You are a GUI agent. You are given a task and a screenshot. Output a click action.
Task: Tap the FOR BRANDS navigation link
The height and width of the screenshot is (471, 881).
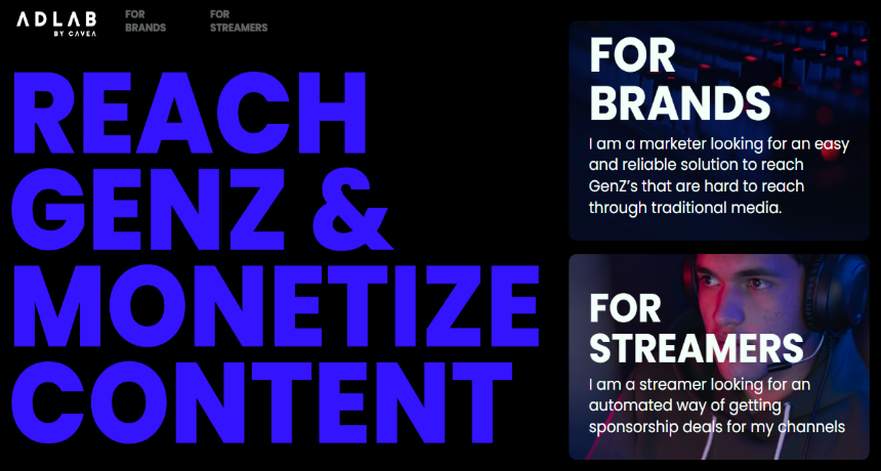pos(145,21)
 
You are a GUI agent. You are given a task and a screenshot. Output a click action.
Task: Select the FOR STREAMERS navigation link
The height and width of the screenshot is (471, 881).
pos(239,21)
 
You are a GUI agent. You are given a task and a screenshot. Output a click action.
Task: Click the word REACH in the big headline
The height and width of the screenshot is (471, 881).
pos(190,113)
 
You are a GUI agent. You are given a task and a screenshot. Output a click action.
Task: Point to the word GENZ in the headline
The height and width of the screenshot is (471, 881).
pos(148,209)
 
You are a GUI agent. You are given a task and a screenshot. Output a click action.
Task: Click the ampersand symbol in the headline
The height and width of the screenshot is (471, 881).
pos(352,209)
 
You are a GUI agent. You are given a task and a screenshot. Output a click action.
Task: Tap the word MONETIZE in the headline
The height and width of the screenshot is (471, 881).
pos(276,306)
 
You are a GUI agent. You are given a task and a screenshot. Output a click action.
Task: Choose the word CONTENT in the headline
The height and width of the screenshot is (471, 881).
pos(262,402)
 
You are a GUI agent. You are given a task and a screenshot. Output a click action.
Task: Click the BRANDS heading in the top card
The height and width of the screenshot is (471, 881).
pos(680,103)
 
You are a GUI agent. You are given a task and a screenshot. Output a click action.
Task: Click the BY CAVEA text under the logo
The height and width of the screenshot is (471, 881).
pos(75,34)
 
